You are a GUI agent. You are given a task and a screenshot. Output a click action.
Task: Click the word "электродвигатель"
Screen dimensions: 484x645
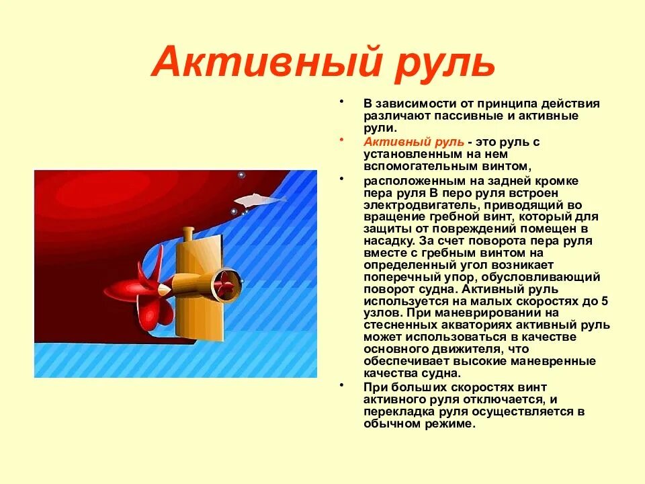pos(417,205)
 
